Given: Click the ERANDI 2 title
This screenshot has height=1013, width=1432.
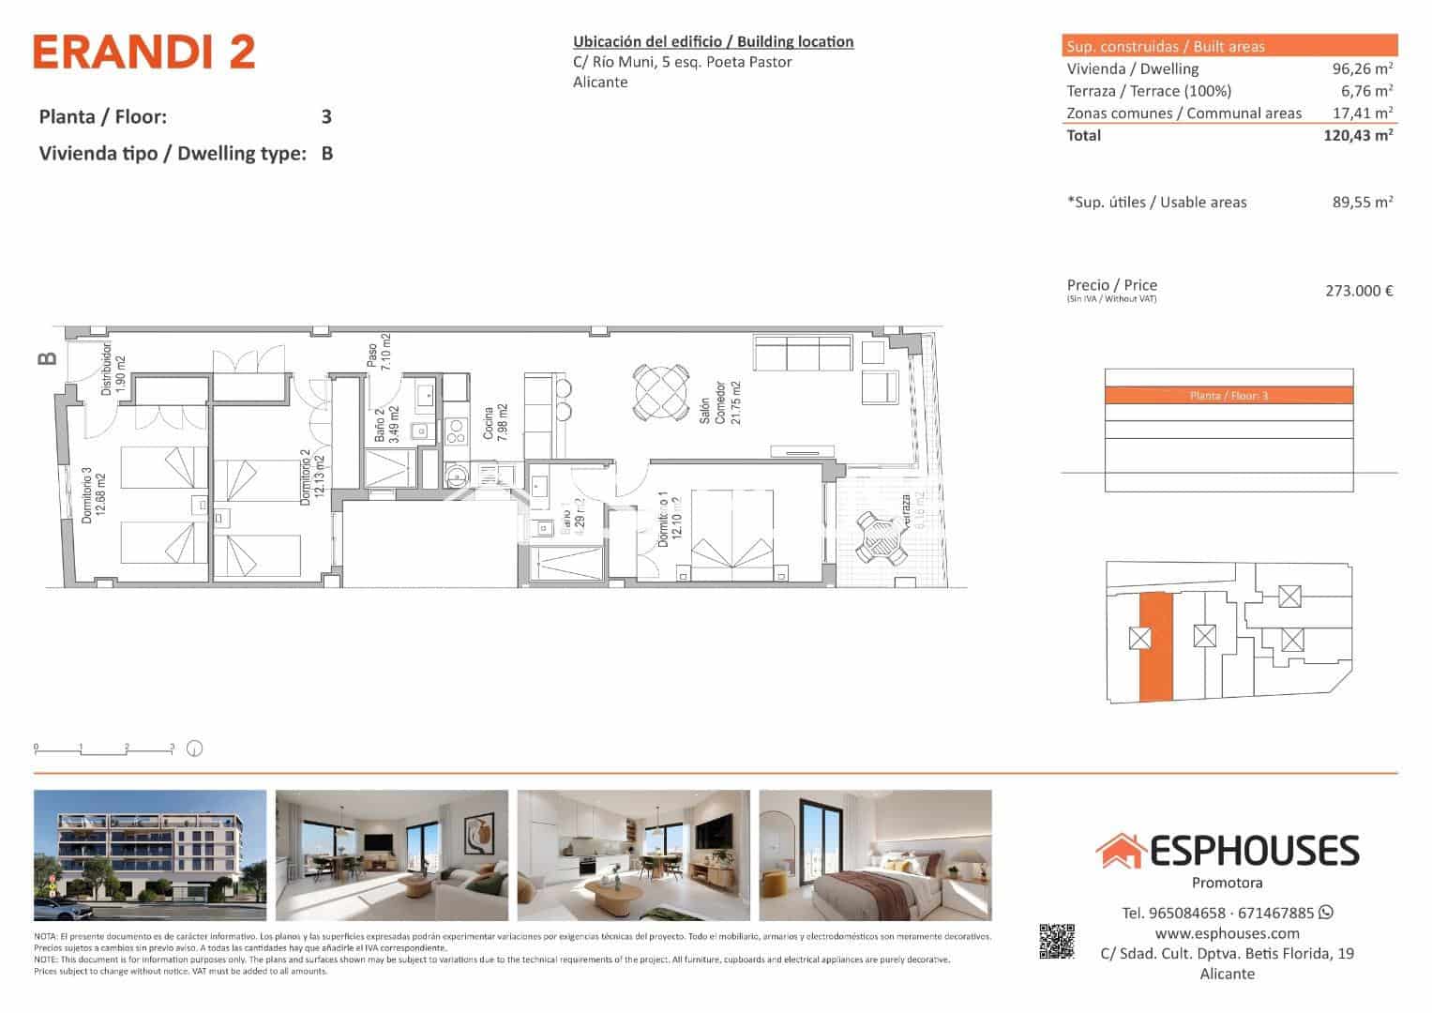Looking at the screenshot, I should [x=143, y=53].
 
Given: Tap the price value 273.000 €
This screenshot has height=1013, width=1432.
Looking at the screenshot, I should [x=1358, y=291].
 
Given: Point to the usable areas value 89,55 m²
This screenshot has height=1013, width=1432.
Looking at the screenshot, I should [x=1362, y=202].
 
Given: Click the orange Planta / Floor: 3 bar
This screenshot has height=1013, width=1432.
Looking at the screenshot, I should [x=1229, y=396].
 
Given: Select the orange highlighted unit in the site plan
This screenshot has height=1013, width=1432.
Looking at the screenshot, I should [x=1155, y=647].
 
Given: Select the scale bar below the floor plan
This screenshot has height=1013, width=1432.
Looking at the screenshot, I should [x=104, y=748].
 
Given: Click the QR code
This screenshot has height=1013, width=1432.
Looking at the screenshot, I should [x=1056, y=942].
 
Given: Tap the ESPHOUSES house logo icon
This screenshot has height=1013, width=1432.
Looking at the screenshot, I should [x=1120, y=851].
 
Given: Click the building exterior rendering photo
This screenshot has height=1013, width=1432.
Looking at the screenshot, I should [x=150, y=855].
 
